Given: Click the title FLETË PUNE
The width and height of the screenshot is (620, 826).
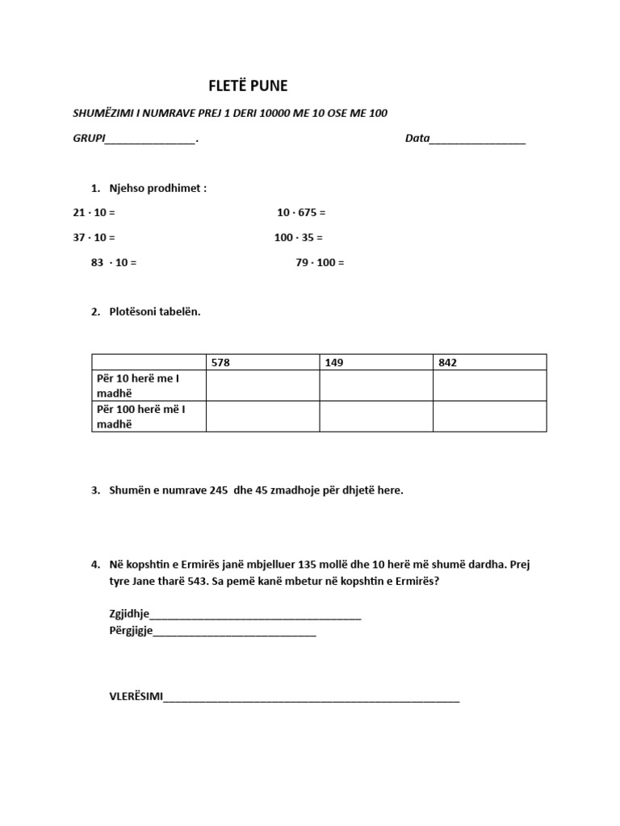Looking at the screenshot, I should [x=249, y=86].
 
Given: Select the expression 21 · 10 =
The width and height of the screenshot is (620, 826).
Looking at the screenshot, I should [x=94, y=213].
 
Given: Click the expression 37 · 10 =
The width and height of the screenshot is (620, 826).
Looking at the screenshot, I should [x=94, y=238].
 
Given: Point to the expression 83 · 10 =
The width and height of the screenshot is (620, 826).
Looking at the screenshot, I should [x=114, y=263].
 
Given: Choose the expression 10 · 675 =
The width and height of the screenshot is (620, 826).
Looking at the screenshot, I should [x=301, y=213].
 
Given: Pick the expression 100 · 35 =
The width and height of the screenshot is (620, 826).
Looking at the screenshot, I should [x=298, y=238].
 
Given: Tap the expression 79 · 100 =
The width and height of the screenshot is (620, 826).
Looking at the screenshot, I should [x=320, y=263].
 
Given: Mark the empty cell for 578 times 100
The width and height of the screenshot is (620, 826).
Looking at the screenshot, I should [x=262, y=416].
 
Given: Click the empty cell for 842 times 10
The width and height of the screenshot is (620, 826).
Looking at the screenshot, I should [x=489, y=386].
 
